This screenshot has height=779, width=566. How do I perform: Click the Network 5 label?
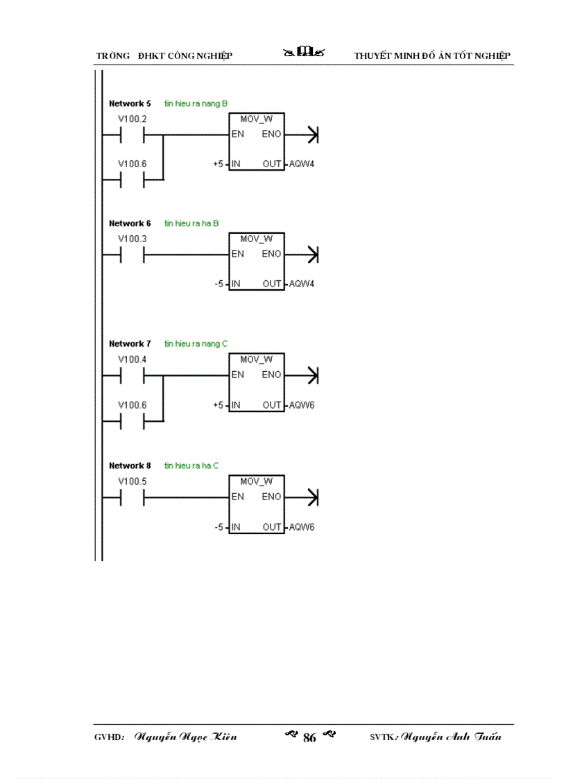click(130, 103)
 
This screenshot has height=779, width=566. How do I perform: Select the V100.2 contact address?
click(132, 119)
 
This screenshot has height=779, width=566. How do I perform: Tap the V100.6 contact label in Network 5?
click(132, 164)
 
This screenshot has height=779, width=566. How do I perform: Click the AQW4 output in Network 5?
click(302, 164)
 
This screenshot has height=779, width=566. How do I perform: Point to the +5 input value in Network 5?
click(217, 164)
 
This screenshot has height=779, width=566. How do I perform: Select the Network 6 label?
click(130, 223)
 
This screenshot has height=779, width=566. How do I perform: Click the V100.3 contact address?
click(132, 239)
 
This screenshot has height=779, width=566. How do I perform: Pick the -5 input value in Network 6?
click(218, 284)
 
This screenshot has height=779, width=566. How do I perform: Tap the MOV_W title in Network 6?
click(257, 239)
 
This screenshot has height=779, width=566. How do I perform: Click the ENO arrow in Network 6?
click(311, 255)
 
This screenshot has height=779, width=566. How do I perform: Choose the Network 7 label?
click(130, 344)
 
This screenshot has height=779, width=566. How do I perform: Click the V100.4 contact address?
click(132, 359)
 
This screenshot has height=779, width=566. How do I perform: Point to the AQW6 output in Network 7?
click(302, 405)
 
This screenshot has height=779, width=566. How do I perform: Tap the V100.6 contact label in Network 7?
click(132, 405)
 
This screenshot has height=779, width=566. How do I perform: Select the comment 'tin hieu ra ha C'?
click(191, 465)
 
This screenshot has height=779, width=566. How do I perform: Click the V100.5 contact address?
click(132, 481)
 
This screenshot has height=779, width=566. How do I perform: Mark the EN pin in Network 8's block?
click(237, 497)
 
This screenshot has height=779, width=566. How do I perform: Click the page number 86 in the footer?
click(309, 738)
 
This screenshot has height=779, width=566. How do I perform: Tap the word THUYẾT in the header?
click(371, 55)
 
